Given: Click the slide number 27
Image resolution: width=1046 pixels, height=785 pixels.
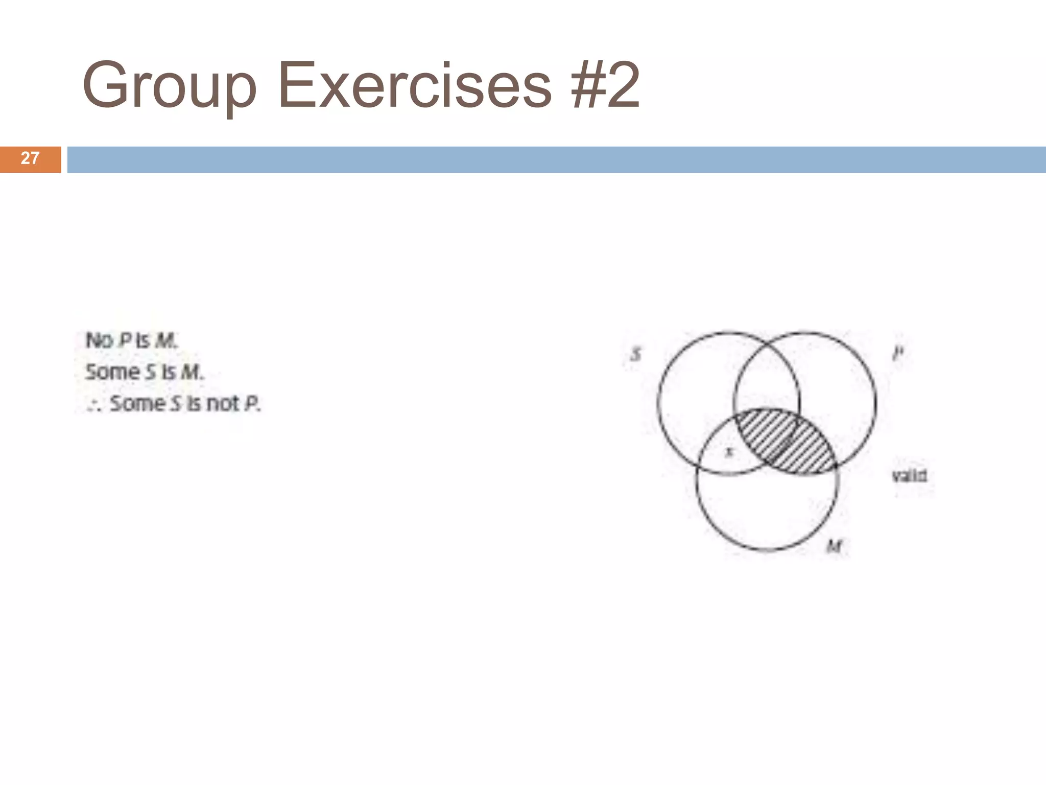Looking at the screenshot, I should pyautogui.click(x=30, y=158).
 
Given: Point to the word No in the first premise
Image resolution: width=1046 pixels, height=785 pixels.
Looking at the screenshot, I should pyautogui.click(x=99, y=340).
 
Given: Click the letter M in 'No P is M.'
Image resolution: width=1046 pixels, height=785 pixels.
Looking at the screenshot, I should pyautogui.click(x=165, y=341).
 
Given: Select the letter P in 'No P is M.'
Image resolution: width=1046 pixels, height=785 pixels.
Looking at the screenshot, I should pyautogui.click(x=125, y=341).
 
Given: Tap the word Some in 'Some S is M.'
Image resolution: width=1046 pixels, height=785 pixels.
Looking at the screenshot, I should pyautogui.click(x=112, y=372).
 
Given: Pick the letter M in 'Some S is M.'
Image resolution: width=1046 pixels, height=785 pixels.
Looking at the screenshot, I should pyautogui.click(x=191, y=372).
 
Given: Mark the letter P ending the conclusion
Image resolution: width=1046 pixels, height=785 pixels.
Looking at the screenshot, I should pyautogui.click(x=251, y=404).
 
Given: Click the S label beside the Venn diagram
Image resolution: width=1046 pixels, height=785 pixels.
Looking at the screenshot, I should pyautogui.click(x=636, y=354).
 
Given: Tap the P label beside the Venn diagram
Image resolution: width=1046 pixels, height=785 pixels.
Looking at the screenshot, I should pyautogui.click(x=898, y=353).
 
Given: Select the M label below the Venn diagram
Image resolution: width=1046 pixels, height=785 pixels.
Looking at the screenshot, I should pyautogui.click(x=834, y=547).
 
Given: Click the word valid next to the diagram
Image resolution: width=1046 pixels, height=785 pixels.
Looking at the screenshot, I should pyautogui.click(x=909, y=476).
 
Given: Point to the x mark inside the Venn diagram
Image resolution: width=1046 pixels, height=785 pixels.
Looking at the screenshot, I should pyautogui.click(x=729, y=452).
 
